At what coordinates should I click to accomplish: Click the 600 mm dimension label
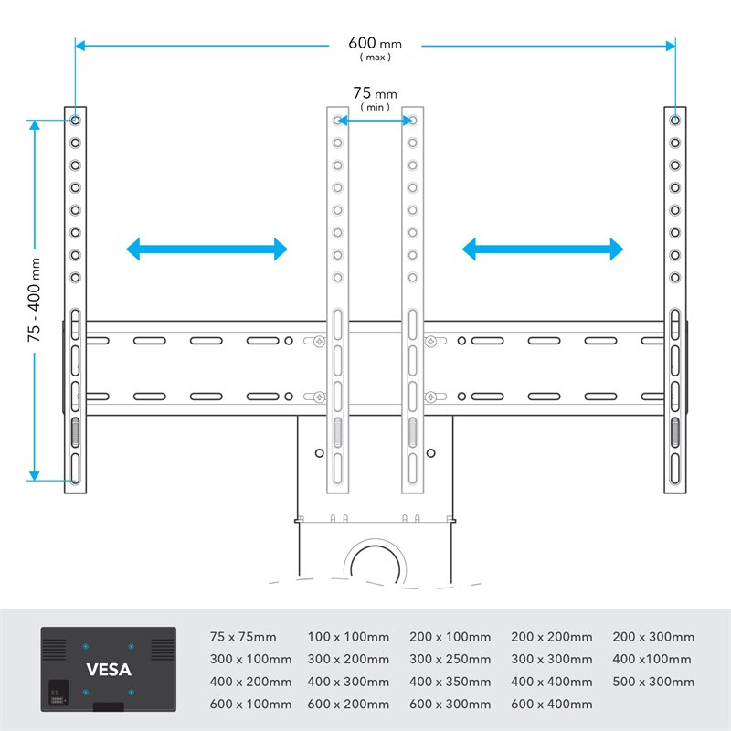coord(374,44)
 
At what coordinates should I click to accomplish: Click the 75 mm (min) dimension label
coord(375,93)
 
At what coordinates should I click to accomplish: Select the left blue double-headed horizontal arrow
coord(207,249)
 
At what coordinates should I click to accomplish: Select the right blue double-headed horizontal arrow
coord(543,249)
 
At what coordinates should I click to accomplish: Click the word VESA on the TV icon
coord(109,669)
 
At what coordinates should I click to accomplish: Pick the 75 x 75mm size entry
coord(243,637)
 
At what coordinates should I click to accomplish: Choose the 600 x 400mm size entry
coord(551,704)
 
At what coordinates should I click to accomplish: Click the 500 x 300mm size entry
coord(652,682)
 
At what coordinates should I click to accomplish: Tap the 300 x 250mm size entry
coord(450,659)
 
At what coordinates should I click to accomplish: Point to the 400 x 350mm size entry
coord(450,682)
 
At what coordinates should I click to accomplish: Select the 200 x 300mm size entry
coord(652,637)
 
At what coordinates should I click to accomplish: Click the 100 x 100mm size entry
coord(348,637)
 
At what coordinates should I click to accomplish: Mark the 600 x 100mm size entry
coord(250,704)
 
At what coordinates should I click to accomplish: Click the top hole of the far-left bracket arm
coord(75,120)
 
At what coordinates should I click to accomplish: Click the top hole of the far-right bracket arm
coord(674,120)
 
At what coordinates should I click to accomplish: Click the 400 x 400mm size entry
coord(551,682)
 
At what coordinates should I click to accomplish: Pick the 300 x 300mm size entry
coord(551,659)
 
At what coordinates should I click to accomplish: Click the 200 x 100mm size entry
coord(450,637)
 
